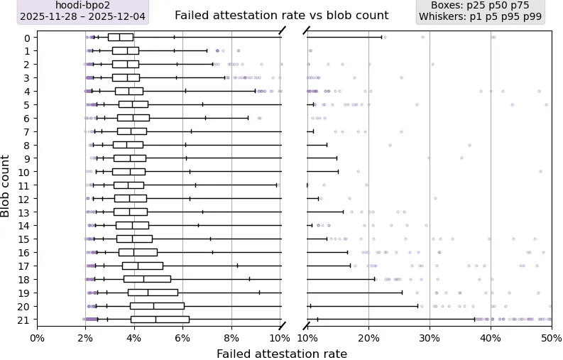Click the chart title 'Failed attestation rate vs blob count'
click(281, 15)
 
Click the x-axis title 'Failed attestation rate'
click(282, 354)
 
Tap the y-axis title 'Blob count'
click(6, 186)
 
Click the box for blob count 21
click(160, 320)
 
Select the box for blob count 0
click(121, 37)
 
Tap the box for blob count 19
click(153, 292)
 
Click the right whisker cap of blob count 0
click(381, 37)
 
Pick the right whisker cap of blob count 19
click(403, 292)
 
